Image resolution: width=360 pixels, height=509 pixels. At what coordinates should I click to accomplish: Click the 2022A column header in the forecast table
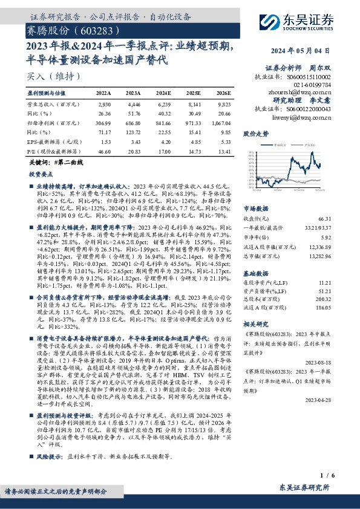pos(103,94)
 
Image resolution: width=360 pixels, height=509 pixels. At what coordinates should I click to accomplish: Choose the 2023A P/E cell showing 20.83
pos(133,152)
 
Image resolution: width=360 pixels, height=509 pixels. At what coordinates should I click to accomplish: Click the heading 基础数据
pos(255,256)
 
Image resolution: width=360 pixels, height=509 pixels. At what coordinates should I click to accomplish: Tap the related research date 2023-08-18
pos(336,362)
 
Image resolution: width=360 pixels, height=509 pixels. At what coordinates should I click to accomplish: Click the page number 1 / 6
pos(342,478)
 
